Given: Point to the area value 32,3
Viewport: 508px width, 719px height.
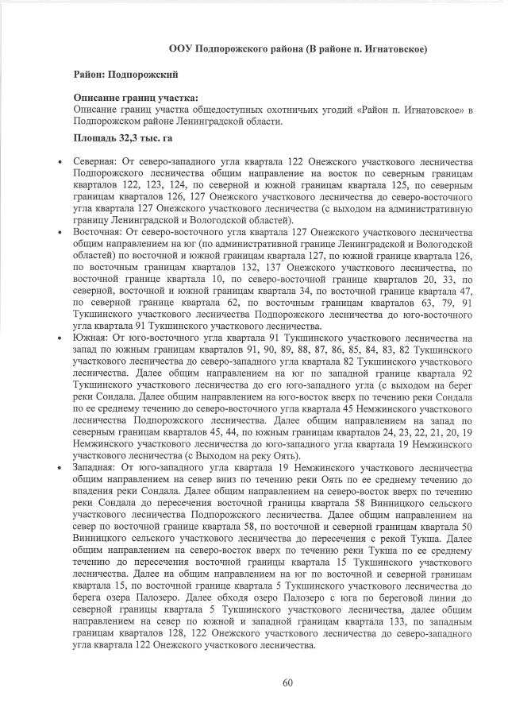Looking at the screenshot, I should click(127, 138).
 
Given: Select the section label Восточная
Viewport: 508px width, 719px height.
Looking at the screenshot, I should click(98, 233).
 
